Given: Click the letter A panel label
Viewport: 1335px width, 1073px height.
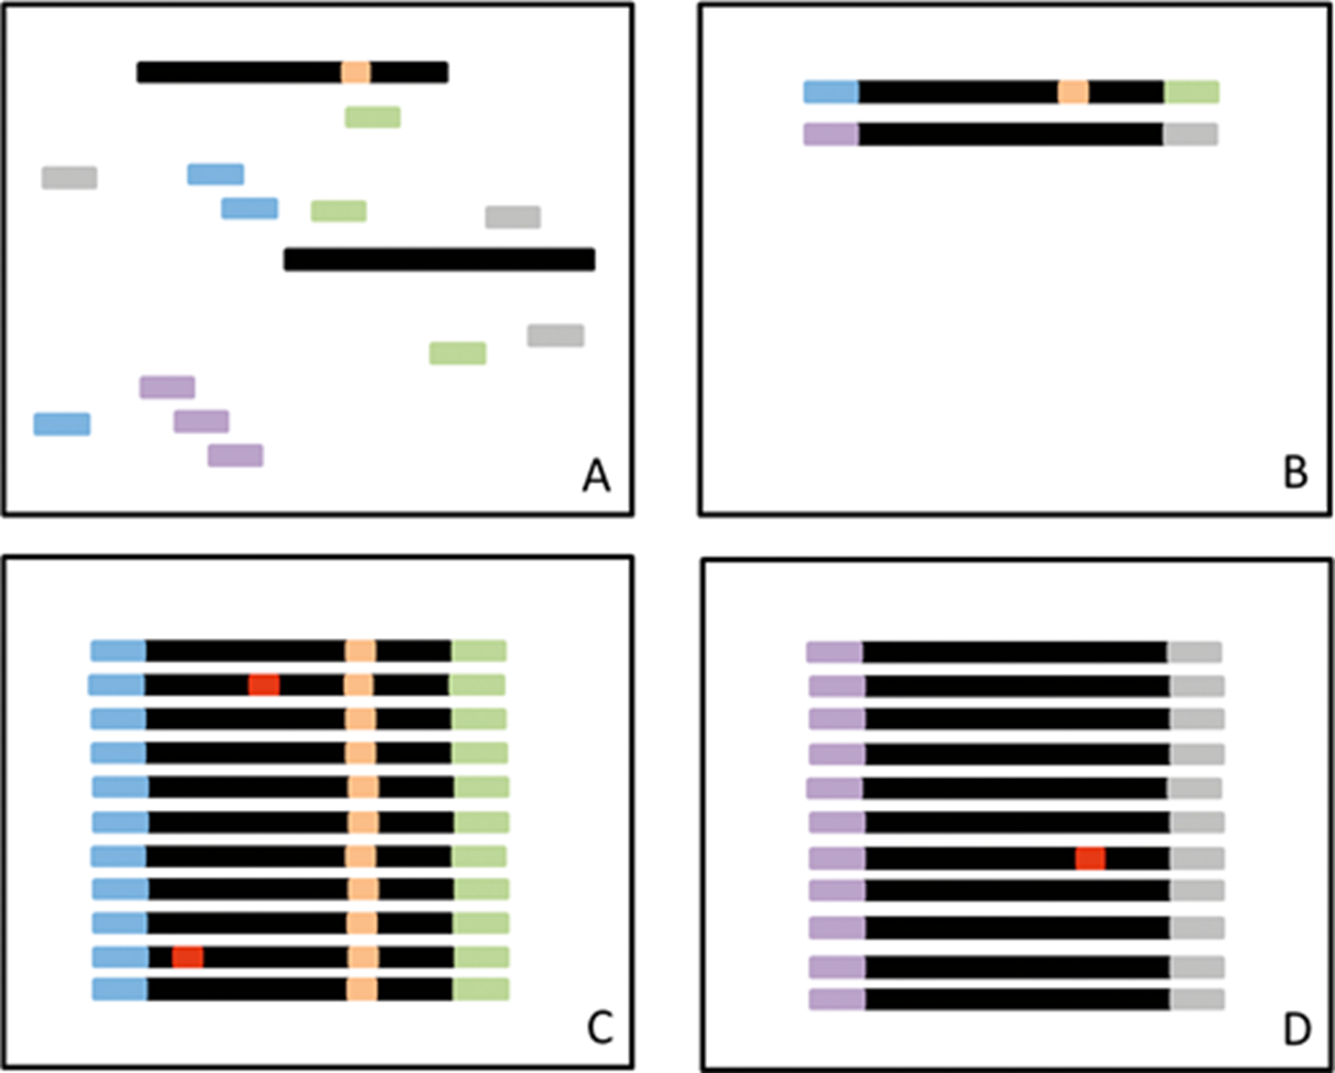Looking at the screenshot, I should (x=596, y=477).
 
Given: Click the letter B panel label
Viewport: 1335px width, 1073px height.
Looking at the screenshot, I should (x=1296, y=474).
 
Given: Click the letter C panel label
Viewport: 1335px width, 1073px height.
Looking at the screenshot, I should (x=599, y=1029).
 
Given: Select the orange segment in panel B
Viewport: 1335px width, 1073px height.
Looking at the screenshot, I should (x=1073, y=92).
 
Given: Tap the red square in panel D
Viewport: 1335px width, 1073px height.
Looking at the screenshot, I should (x=1090, y=858).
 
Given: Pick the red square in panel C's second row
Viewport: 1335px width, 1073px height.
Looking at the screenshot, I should (x=264, y=685).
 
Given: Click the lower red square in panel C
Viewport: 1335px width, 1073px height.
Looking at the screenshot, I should (x=188, y=956).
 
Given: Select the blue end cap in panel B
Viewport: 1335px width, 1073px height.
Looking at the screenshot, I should (x=831, y=92).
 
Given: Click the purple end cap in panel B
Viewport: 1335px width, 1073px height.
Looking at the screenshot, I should (x=831, y=134).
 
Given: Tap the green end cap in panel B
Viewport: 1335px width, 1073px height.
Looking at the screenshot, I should (x=1191, y=92).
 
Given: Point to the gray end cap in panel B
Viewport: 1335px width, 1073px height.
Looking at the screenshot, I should (x=1190, y=134).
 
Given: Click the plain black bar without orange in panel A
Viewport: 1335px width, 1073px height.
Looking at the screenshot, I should (x=439, y=259).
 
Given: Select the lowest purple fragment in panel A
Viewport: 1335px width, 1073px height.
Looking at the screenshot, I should (x=235, y=455).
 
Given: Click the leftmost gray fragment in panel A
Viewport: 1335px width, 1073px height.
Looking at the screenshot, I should (x=69, y=178).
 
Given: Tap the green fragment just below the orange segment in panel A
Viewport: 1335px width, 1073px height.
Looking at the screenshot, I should (x=373, y=117).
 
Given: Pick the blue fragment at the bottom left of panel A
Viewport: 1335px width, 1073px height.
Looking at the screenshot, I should (x=62, y=424).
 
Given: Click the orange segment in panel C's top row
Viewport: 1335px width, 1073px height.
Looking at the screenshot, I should (x=360, y=650).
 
